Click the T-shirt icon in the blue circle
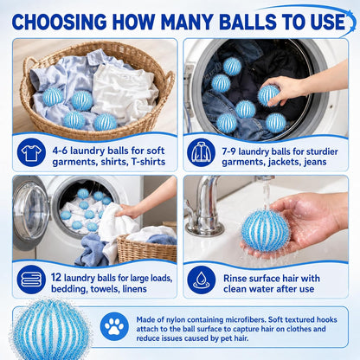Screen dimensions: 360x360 coord(31,152)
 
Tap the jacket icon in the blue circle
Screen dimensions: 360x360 coord(201,152)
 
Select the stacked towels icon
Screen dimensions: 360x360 coord(31,280)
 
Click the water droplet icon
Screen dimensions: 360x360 coord(201,280)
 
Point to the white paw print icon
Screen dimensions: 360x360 coord(114,326)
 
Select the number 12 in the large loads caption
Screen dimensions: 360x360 coord(56,277)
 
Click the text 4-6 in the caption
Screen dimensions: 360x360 coord(60,151)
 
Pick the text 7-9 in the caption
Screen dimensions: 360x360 coord(229,151)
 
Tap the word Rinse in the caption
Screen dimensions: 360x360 coord(235,279)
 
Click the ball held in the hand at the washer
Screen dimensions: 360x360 coord(269,95)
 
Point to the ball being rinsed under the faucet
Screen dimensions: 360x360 coord(266,231)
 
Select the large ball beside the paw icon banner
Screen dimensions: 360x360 coord(49,329)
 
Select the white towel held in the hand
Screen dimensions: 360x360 coord(119,223)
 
